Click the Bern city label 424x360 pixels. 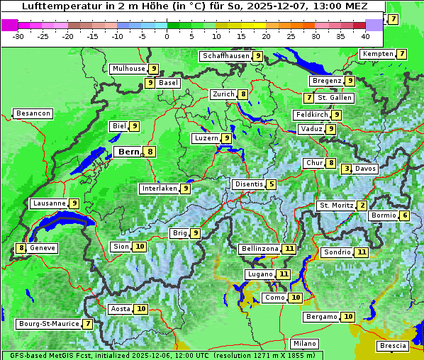click(129, 152)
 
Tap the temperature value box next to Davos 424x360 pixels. click(346, 169)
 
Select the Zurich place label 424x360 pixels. click(223, 94)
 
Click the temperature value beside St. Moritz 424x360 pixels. click(362, 206)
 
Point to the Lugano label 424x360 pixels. click(260, 274)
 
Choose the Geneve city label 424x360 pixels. click(43, 248)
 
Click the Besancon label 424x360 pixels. click(33, 113)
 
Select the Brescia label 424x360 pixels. click(394, 346)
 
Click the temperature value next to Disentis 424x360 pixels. click(272, 184)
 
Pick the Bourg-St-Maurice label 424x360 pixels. click(48, 324)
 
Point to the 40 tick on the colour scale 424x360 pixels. click(365, 35)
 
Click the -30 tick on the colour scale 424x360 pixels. click(18, 35)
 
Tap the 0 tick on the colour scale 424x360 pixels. click(167, 35)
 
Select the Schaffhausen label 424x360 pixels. click(225, 56)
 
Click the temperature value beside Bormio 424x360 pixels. click(405, 215)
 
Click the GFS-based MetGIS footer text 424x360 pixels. click(43, 355)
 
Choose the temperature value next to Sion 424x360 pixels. click(140, 247)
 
